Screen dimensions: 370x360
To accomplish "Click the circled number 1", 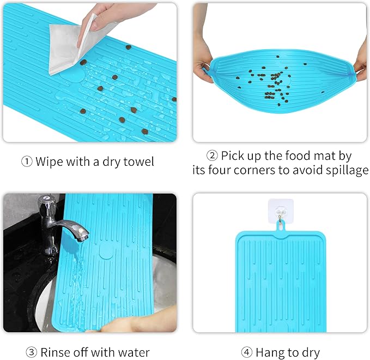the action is (26, 162).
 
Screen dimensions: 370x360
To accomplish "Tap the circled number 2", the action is (212, 155).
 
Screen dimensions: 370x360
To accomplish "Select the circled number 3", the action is (32, 352).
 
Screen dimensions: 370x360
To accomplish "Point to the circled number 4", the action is (247, 352).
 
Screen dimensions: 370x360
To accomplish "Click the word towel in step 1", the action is (138, 161).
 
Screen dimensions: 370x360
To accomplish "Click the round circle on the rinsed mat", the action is (106, 251).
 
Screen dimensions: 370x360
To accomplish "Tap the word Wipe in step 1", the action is (50, 161).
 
